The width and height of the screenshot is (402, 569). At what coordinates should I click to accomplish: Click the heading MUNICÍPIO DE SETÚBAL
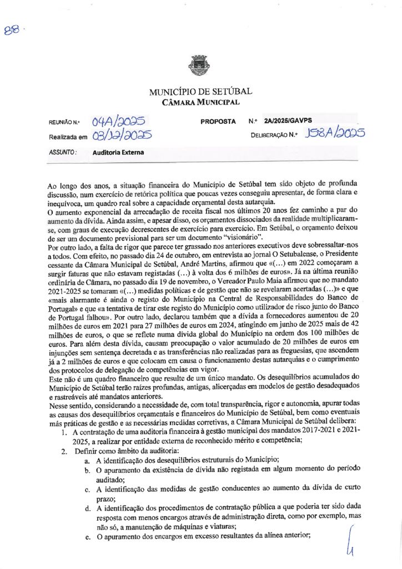200,92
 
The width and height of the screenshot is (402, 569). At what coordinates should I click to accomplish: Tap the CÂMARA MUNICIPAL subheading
200,102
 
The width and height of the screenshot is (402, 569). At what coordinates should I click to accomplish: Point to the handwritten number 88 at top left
12,31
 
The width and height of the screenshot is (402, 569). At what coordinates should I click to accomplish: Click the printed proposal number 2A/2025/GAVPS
292,121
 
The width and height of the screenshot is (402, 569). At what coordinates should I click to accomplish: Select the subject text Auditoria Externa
118,152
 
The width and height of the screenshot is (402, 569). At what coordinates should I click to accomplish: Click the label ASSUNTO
62,152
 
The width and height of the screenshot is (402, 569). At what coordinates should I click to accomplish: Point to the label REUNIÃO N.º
64,122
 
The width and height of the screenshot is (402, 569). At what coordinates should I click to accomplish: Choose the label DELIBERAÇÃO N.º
274,134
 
